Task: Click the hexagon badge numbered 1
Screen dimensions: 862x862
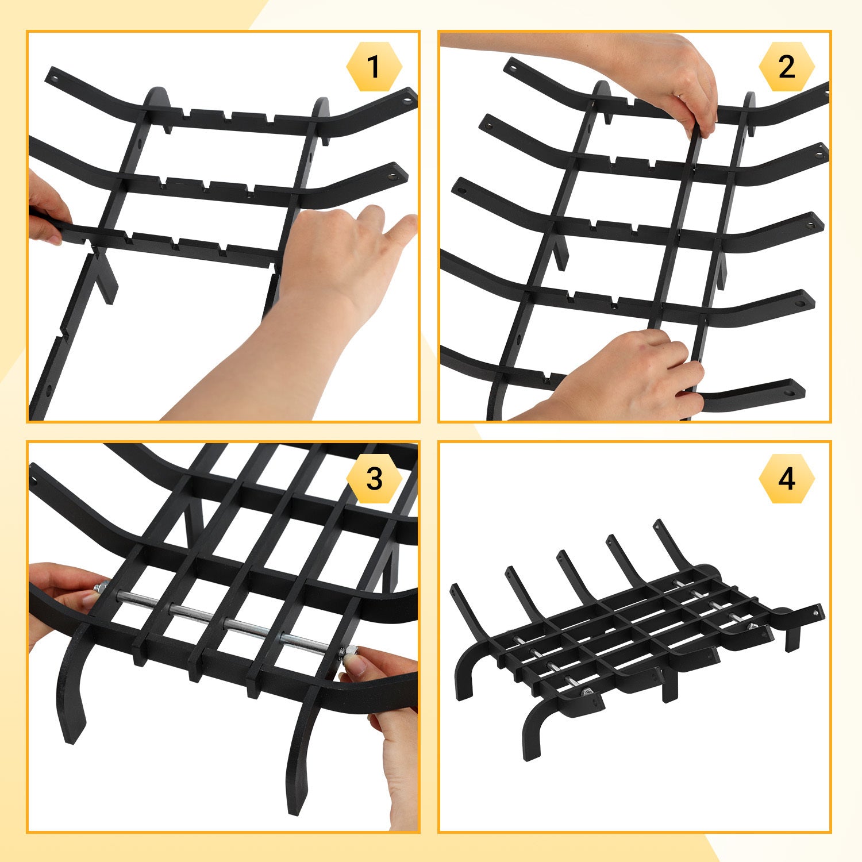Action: point(374,67)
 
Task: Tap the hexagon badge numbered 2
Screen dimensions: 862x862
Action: point(787,67)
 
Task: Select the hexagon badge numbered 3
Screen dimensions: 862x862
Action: point(374,479)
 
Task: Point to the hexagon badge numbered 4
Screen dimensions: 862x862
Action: point(787,479)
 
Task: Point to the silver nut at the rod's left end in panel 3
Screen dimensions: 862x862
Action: point(99,588)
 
